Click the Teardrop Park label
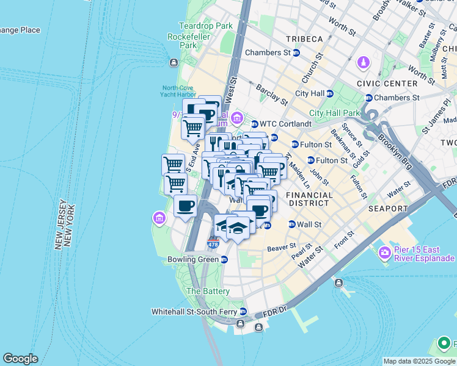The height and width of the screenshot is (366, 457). (197, 26)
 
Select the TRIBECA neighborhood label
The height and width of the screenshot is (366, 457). (304, 39)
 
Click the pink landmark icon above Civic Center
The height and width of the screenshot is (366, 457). (364, 63)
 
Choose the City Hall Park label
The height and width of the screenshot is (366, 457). (335, 113)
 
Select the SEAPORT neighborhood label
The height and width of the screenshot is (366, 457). (388, 209)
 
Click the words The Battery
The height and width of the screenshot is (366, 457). (208, 292)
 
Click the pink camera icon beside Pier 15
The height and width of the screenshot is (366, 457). (385, 252)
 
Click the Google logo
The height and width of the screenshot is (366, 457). (20, 359)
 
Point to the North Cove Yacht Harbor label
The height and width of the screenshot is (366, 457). (179, 91)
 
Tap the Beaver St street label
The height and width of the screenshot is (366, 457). (281, 248)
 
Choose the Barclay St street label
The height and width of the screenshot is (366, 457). (271, 93)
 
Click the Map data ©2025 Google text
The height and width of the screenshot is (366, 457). (418, 361)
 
